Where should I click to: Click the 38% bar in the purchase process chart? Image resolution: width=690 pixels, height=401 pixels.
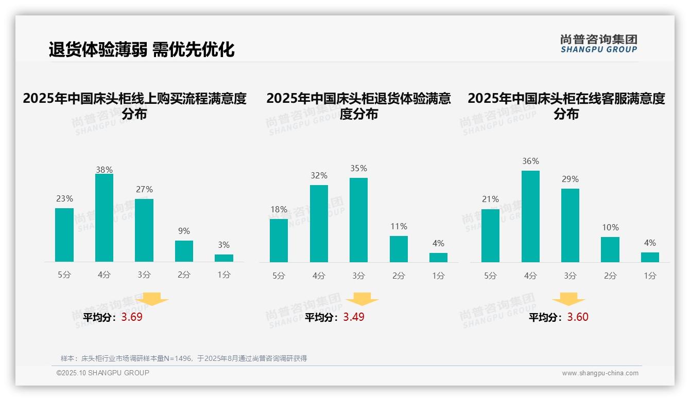click(x=104, y=218)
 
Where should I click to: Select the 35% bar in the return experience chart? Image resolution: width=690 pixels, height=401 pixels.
click(x=358, y=220)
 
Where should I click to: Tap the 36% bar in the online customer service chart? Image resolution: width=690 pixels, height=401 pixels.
click(x=530, y=216)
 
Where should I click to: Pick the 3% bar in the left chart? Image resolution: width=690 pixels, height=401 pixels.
click(x=224, y=258)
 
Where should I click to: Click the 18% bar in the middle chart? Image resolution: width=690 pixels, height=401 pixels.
click(x=279, y=241)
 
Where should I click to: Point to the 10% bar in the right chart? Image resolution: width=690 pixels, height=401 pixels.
click(x=610, y=249)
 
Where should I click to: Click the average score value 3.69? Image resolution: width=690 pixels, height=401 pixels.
click(x=132, y=317)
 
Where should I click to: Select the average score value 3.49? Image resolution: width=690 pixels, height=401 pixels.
click(x=354, y=317)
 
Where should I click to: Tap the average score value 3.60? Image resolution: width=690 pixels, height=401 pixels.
click(x=578, y=317)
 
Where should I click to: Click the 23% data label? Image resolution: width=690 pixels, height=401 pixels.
click(x=64, y=198)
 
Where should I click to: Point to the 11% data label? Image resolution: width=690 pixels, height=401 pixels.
click(x=399, y=226)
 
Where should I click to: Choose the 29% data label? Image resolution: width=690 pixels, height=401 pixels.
click(x=570, y=179)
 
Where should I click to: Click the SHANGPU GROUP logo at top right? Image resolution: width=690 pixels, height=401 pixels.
click(x=598, y=44)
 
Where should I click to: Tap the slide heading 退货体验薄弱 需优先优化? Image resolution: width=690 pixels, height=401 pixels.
click(x=142, y=49)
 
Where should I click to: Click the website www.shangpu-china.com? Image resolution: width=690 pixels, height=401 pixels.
click(x=600, y=373)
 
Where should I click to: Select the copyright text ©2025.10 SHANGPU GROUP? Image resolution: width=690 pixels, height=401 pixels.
click(x=103, y=373)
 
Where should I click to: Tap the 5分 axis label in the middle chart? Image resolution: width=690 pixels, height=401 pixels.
click(x=279, y=276)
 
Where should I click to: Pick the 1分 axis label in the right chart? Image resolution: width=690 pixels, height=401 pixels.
click(x=650, y=276)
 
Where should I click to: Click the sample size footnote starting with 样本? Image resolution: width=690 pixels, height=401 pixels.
click(x=184, y=358)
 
